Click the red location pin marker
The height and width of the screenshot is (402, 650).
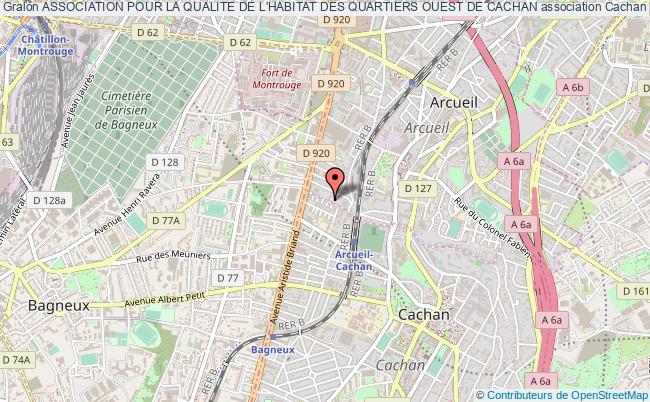tap(337, 181)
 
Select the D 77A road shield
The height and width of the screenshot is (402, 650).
tap(164, 220)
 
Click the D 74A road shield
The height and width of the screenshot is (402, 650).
tap(15, 359)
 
